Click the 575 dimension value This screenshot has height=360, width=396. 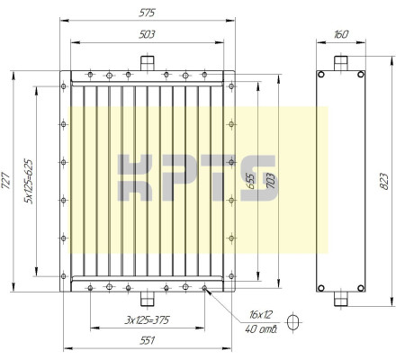147,13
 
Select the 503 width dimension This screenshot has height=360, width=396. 147,34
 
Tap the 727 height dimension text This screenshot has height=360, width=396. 6,181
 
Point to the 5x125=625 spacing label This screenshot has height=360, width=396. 29,182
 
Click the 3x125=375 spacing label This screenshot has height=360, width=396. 147,320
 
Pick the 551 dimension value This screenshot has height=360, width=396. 148,341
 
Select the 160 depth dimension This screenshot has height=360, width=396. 341,34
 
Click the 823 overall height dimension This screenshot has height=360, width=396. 383,181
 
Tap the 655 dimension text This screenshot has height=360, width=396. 250,181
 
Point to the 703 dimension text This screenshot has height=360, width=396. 271,181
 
